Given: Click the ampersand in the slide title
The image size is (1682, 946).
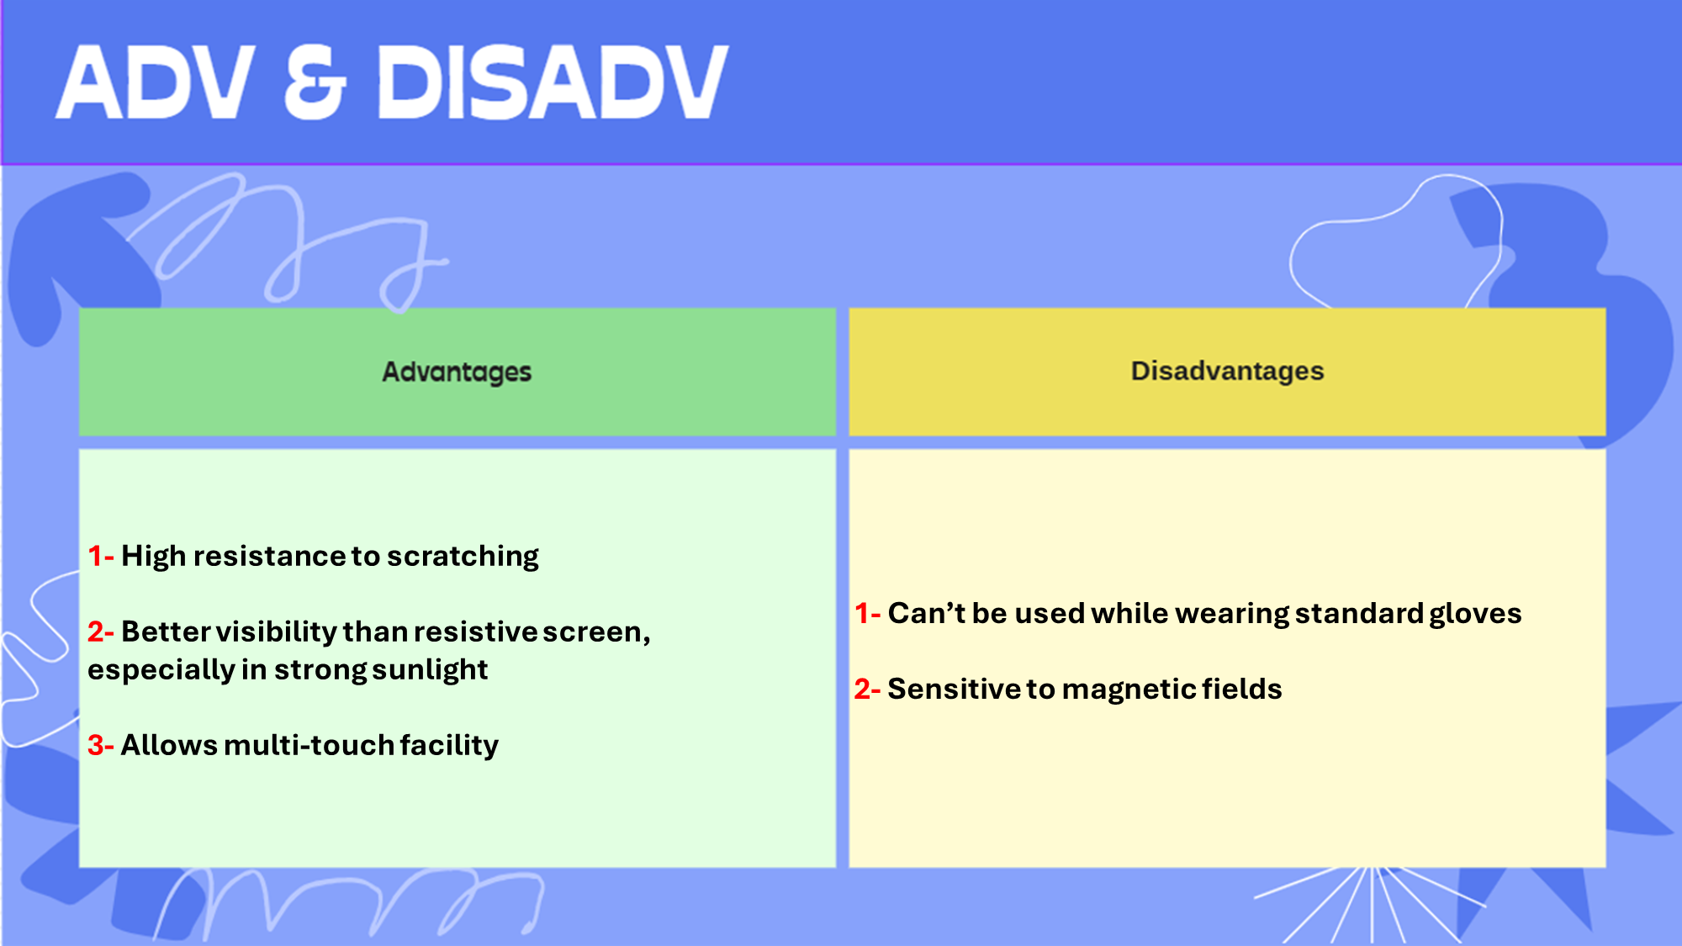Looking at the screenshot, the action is coord(315,82).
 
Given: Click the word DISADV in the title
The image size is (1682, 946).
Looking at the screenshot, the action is coord(553,82).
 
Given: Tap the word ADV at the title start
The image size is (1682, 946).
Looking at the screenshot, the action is coord(156,82).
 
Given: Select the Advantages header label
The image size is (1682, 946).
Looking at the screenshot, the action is coord(457,372).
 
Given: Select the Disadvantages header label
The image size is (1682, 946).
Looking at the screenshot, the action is coord(1227,371).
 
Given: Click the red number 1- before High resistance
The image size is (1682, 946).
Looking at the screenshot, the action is coord(101,556).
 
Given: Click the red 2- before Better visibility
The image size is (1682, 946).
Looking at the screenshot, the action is coord(101,632).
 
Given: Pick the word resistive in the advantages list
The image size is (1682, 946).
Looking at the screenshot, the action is coord(474,632).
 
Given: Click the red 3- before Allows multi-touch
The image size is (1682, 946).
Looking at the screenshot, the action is coord(101,745).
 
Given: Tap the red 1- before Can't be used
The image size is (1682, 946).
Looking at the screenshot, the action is coord(868,613).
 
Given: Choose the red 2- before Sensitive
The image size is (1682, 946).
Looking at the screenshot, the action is coord(868,689).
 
